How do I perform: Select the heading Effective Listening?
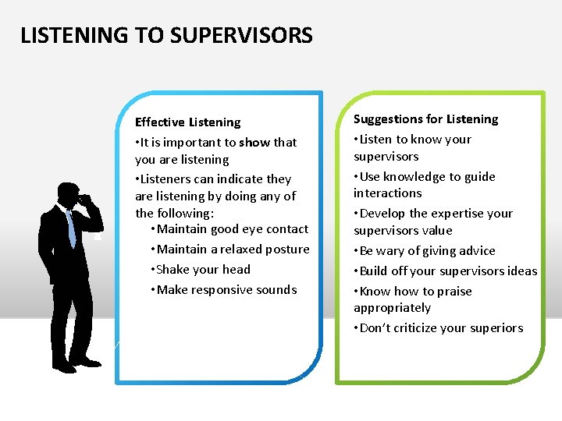[188, 122]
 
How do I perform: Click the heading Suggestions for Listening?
[425, 119]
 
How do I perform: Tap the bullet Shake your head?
[203, 270]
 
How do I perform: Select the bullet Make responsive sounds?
[226, 290]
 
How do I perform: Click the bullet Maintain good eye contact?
[233, 229]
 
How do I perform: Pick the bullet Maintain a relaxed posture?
[233, 249]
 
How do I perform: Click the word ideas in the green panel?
[521, 271]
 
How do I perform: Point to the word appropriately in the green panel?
[392, 308]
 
